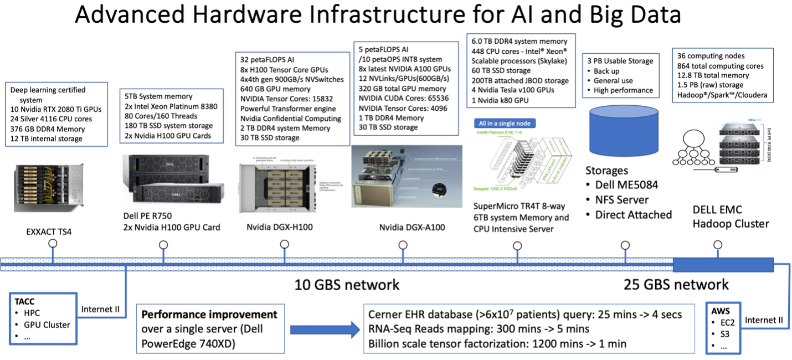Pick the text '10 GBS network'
(347, 285)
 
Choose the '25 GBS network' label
(676, 285)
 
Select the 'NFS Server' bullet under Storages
(628, 199)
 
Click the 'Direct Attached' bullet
(634, 214)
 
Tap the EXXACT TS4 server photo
(49, 188)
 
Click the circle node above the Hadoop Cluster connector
(718, 244)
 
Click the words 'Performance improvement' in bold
(209, 315)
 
